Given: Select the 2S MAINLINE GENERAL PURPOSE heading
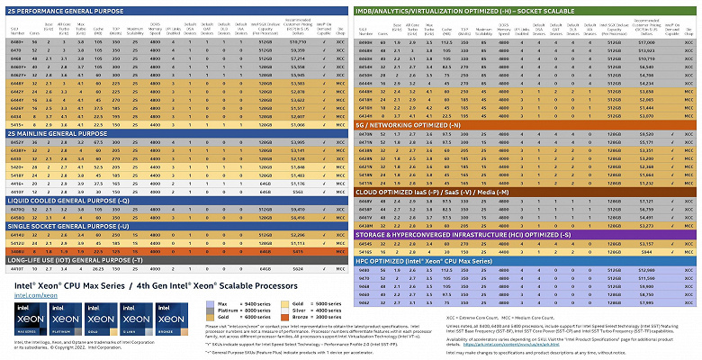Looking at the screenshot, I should coord(58,133).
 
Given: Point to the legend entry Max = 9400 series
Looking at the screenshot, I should coord(229,305).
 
